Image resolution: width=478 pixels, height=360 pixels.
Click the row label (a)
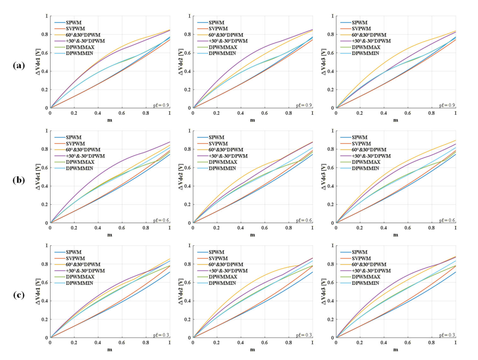[x=19, y=65]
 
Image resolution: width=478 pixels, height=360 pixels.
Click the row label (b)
[x=19, y=180]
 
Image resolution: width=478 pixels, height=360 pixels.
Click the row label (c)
[x=19, y=295]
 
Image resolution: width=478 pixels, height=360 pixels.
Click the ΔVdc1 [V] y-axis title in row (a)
[x=38, y=62]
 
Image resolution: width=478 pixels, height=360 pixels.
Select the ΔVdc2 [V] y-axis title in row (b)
[x=181, y=177]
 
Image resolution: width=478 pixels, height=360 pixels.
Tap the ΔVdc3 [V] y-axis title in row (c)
[x=324, y=292]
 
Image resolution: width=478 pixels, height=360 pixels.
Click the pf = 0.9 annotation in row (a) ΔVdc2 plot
[x=304, y=105]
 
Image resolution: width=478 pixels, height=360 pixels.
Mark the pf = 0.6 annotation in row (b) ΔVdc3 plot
[x=447, y=220]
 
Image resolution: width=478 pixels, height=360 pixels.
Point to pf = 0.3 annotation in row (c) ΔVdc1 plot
[x=161, y=335]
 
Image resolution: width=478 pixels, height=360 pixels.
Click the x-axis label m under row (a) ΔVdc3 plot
[x=396, y=120]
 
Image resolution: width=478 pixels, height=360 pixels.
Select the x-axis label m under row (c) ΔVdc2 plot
[x=252, y=349]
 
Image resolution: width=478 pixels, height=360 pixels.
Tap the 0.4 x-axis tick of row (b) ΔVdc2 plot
[x=240, y=227]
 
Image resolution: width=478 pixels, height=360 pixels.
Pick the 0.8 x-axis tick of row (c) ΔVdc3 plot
[x=431, y=343]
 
